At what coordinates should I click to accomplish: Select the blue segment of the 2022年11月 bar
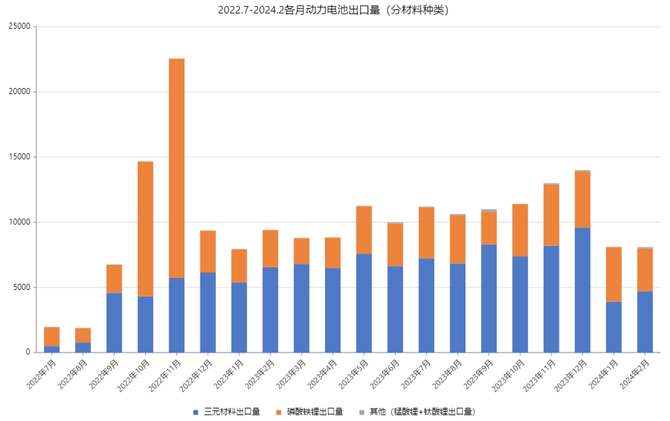coord(176,315)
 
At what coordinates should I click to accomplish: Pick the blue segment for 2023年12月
coord(582,290)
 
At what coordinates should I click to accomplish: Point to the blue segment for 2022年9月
coord(114,322)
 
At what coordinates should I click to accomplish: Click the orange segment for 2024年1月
coord(613,274)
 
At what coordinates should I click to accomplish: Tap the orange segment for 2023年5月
coord(364,230)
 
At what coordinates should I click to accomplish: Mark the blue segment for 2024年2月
coord(645,322)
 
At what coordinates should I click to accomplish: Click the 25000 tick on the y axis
coord(20,27)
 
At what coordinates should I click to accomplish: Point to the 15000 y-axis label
coord(20,157)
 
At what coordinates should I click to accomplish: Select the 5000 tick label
coord(22,287)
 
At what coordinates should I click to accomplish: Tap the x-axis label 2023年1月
coord(228,374)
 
